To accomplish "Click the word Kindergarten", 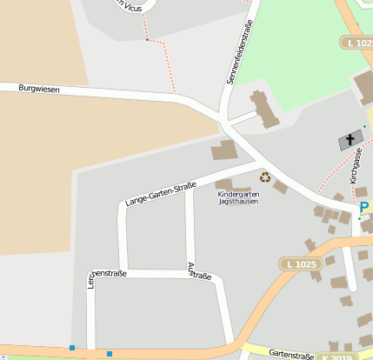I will click(238, 194).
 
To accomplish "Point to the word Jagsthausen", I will click(238, 202).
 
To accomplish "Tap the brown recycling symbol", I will click(265, 177).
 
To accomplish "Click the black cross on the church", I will click(351, 138).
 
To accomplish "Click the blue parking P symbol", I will click(364, 208).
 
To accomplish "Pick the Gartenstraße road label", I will click(291, 355).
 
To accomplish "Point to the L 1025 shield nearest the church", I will click(356, 43).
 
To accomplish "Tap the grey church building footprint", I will click(350, 140).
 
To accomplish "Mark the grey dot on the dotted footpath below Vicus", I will click(148, 40).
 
